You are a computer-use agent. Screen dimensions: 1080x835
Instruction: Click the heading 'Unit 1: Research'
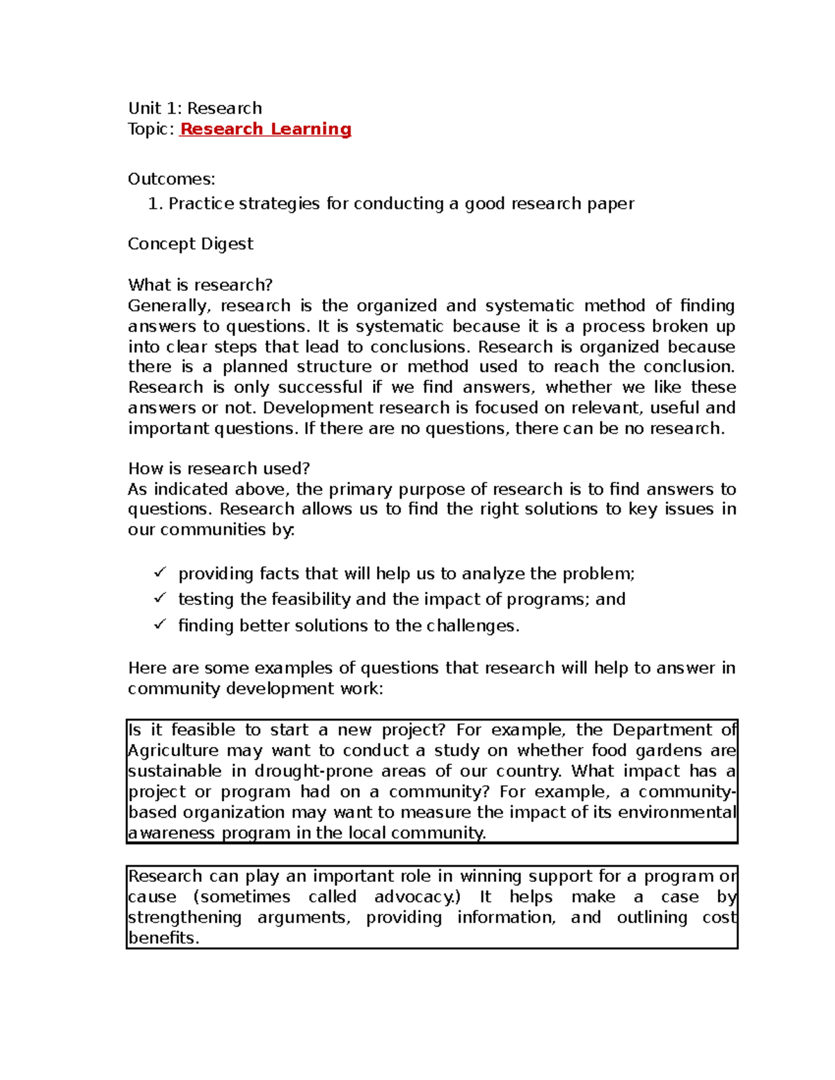pyautogui.click(x=195, y=108)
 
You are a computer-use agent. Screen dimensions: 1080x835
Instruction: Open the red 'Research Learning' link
pyautogui.click(x=265, y=129)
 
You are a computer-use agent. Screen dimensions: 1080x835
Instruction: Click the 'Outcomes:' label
pyautogui.click(x=171, y=179)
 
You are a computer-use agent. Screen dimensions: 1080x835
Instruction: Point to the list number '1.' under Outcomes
pyautogui.click(x=155, y=204)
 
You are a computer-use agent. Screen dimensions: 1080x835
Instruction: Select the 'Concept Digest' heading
pyautogui.click(x=190, y=244)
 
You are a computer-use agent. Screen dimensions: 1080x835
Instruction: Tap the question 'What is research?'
pyautogui.click(x=200, y=285)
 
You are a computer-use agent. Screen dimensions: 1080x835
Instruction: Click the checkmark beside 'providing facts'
pyautogui.click(x=160, y=573)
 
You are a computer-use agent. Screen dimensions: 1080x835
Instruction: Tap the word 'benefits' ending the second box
pyautogui.click(x=163, y=938)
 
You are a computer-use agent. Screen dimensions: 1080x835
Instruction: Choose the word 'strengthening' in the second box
pyautogui.click(x=184, y=918)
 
